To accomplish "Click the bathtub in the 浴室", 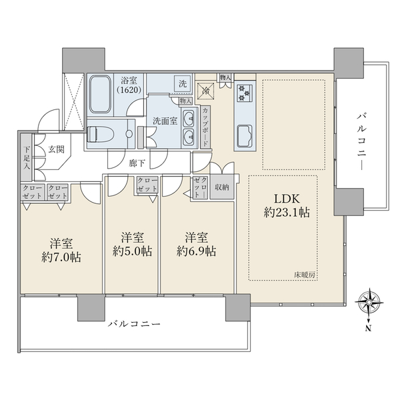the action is pos(100,94).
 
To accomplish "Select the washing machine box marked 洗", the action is pos(183,83).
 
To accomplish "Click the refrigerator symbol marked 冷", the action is pos(205,91).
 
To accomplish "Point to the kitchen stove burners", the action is pos(244,93).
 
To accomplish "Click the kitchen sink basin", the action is pos(245,136).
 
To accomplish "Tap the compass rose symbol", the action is pos(369,303).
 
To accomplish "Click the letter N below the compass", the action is pos(368,329).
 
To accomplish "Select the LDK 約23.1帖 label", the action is pos(287,205).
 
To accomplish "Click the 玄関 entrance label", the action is pos(57,149).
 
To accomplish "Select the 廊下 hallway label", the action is pos(137,163).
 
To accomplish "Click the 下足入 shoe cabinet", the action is pos(26,157).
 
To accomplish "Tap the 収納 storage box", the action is pos(222,187).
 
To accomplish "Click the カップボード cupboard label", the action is pos(205,127).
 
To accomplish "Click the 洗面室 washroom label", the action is pos(165,121).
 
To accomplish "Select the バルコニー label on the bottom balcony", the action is pos(134,324).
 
